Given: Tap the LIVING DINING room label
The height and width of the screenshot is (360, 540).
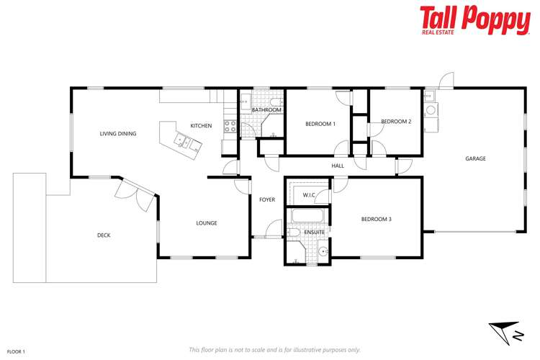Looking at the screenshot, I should click(x=117, y=134).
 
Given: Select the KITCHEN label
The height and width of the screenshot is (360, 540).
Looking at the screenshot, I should click(x=201, y=126).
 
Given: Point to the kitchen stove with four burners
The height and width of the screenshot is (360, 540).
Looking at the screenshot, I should click(x=230, y=126).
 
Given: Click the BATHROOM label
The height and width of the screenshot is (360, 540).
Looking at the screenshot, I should click(x=266, y=110).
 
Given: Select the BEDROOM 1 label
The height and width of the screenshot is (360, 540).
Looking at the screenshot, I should click(x=320, y=124).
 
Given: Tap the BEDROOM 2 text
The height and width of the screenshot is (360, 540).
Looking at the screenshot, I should click(x=396, y=122).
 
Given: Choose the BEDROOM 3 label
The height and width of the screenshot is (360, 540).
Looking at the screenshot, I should click(x=377, y=219).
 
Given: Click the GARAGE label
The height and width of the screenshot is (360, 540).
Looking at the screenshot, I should click(x=475, y=159).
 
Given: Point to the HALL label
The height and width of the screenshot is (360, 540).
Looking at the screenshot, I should click(x=338, y=166).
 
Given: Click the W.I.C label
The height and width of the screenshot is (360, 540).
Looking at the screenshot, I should click(x=309, y=195).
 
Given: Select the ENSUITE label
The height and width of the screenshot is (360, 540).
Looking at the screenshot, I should click(x=314, y=233).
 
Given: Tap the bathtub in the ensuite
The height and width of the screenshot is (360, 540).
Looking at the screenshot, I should click(x=308, y=217).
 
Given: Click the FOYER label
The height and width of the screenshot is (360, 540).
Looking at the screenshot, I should click(x=267, y=199).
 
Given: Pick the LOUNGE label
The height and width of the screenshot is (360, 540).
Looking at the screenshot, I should click(x=207, y=223).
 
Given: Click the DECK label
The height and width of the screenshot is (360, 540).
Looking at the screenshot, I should click(x=104, y=235).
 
